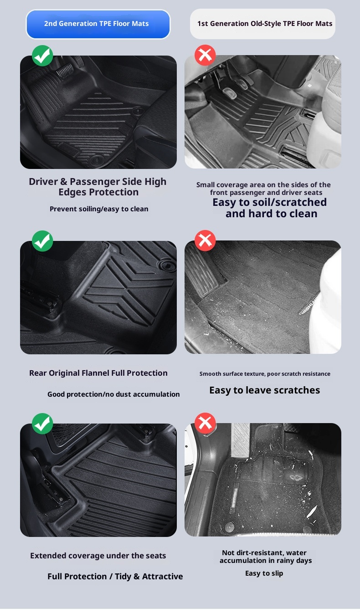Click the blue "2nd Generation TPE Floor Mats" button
(x=98, y=24)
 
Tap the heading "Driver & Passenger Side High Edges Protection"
(x=98, y=187)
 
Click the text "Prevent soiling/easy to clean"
(x=99, y=209)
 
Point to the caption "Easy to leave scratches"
(x=264, y=390)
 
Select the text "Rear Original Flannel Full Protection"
(x=98, y=373)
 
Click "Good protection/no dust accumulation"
(x=113, y=394)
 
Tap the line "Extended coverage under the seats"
(x=98, y=556)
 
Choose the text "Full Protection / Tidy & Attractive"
(x=115, y=577)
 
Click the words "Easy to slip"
(x=264, y=573)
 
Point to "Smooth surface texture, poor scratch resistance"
(x=265, y=374)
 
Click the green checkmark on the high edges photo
(x=42, y=56)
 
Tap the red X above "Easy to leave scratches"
(x=205, y=240)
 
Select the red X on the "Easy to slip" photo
(x=205, y=423)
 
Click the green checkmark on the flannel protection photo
(x=42, y=241)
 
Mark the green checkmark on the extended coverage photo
(x=42, y=424)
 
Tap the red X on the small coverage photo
(x=205, y=55)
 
